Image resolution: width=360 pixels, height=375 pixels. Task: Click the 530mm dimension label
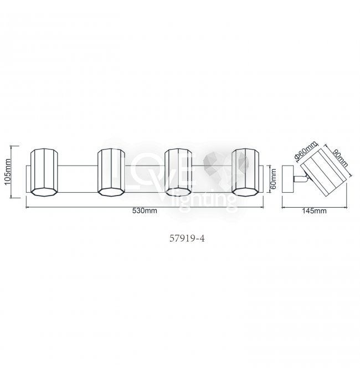[x=145, y=210]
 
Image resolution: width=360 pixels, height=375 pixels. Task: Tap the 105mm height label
[x=8, y=172]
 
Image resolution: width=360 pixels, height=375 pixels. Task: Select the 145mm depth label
[x=314, y=211]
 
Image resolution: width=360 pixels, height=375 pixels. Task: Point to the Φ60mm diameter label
[x=306, y=150]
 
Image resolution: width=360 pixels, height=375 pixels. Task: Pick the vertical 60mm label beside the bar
[x=274, y=179]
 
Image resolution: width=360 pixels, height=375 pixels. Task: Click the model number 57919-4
[x=187, y=238]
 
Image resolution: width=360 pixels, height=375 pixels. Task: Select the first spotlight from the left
[x=44, y=172]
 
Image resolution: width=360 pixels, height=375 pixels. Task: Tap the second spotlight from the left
[x=111, y=172]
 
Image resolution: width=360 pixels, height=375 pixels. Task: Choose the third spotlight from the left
[x=178, y=172]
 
